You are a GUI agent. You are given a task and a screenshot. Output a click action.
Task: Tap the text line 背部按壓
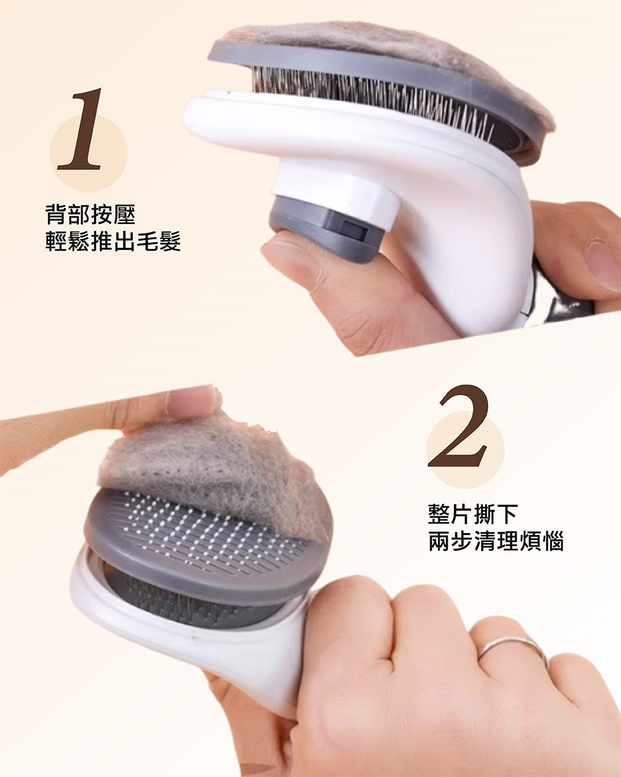click(90, 215)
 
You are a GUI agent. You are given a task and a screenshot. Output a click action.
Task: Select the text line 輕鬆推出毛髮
click(113, 241)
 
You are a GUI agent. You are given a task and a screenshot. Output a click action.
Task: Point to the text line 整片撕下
click(473, 514)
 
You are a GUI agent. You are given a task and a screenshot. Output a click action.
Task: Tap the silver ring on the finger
click(513, 647)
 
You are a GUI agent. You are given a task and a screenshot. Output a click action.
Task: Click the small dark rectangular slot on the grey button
click(353, 230)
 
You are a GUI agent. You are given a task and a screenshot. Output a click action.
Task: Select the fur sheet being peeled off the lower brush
click(217, 480)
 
